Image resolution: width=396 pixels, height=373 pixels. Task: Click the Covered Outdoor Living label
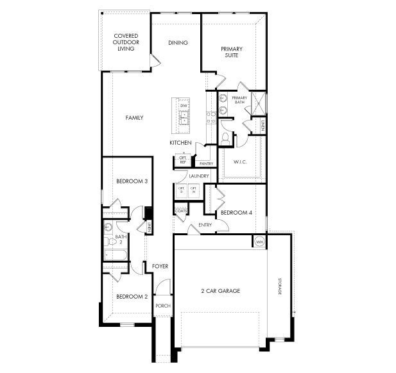[126, 42]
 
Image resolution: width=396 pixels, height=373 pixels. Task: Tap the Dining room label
[178, 43]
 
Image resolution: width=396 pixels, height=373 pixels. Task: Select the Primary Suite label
[230, 53]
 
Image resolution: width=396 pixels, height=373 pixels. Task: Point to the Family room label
[134, 118]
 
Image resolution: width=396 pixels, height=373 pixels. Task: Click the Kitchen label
[180, 142]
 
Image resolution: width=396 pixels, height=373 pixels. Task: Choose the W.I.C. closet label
[240, 162]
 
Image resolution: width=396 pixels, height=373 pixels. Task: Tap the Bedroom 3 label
[132, 182]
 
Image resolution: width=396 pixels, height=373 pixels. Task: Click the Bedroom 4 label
[236, 212]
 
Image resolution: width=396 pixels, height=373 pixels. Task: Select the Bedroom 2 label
[132, 297]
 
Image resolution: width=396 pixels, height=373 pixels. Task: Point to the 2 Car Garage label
[220, 290]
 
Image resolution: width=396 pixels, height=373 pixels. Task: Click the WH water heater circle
[260, 242]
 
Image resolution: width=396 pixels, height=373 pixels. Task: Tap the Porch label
[163, 306]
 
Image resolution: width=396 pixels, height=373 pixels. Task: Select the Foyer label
[159, 265]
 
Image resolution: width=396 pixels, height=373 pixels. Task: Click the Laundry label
[199, 176]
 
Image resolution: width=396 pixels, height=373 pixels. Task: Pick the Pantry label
[206, 163]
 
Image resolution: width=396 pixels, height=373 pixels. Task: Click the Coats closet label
[180, 211]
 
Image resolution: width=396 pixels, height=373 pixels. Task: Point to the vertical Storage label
[280, 286]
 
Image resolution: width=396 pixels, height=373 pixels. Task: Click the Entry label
[205, 225]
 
